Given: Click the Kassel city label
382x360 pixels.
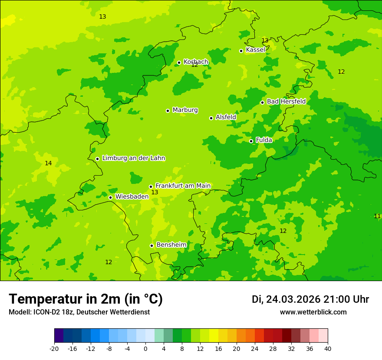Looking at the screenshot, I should tap(255, 50).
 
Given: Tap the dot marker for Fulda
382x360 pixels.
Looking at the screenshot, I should tap(251, 141).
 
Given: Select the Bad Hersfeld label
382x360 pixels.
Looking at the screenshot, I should tap(286, 101).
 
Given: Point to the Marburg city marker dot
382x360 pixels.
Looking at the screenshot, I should tap(168, 111).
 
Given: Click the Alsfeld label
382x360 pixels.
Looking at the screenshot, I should tap(226, 117).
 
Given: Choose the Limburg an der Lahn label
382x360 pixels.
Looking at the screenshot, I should tap(133, 158).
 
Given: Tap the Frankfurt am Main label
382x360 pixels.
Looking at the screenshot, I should tap(183, 186).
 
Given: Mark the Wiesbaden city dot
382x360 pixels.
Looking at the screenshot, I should tap(110, 197).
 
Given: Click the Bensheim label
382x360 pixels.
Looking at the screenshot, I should tap(171, 245).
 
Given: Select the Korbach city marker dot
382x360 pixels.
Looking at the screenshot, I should tap(179, 62).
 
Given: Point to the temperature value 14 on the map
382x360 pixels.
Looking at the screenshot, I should tap(48, 163).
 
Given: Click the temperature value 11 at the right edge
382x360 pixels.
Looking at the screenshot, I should tap(377, 216).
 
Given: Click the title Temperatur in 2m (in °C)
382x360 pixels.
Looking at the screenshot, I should tap(86, 299).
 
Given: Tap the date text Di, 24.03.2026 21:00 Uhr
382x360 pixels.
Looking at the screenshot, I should tap(310, 299).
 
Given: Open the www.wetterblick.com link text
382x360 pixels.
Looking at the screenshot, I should tap(313, 312).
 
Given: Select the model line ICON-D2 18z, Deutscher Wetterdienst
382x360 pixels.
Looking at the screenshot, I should tap(79, 312).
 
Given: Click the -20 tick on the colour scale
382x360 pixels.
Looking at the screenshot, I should tap(54, 348).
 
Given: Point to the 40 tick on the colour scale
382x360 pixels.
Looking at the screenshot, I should tap(328, 348).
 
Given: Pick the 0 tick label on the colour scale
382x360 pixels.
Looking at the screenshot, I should tap(145, 348).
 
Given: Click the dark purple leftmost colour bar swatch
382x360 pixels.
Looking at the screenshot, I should tap(59, 336).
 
